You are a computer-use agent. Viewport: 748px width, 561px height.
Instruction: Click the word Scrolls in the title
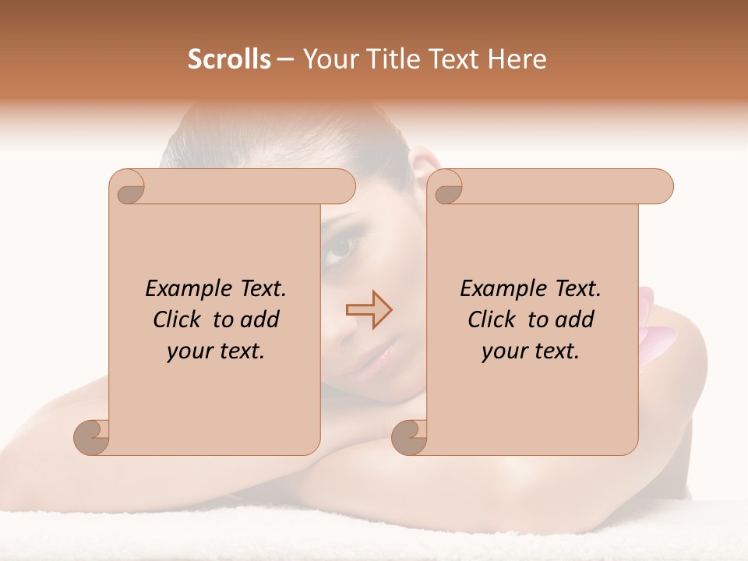coord(230,59)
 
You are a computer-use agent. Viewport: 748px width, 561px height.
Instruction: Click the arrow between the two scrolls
coord(369,309)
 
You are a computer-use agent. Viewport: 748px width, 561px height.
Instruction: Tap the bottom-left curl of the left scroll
coord(93,436)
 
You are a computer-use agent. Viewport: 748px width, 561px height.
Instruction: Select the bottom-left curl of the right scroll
coord(410,436)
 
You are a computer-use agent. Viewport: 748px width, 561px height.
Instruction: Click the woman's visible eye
coord(340,249)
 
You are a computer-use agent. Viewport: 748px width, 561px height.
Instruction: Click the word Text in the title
coord(461,59)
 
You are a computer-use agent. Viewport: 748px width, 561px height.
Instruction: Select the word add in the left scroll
coord(259,319)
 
